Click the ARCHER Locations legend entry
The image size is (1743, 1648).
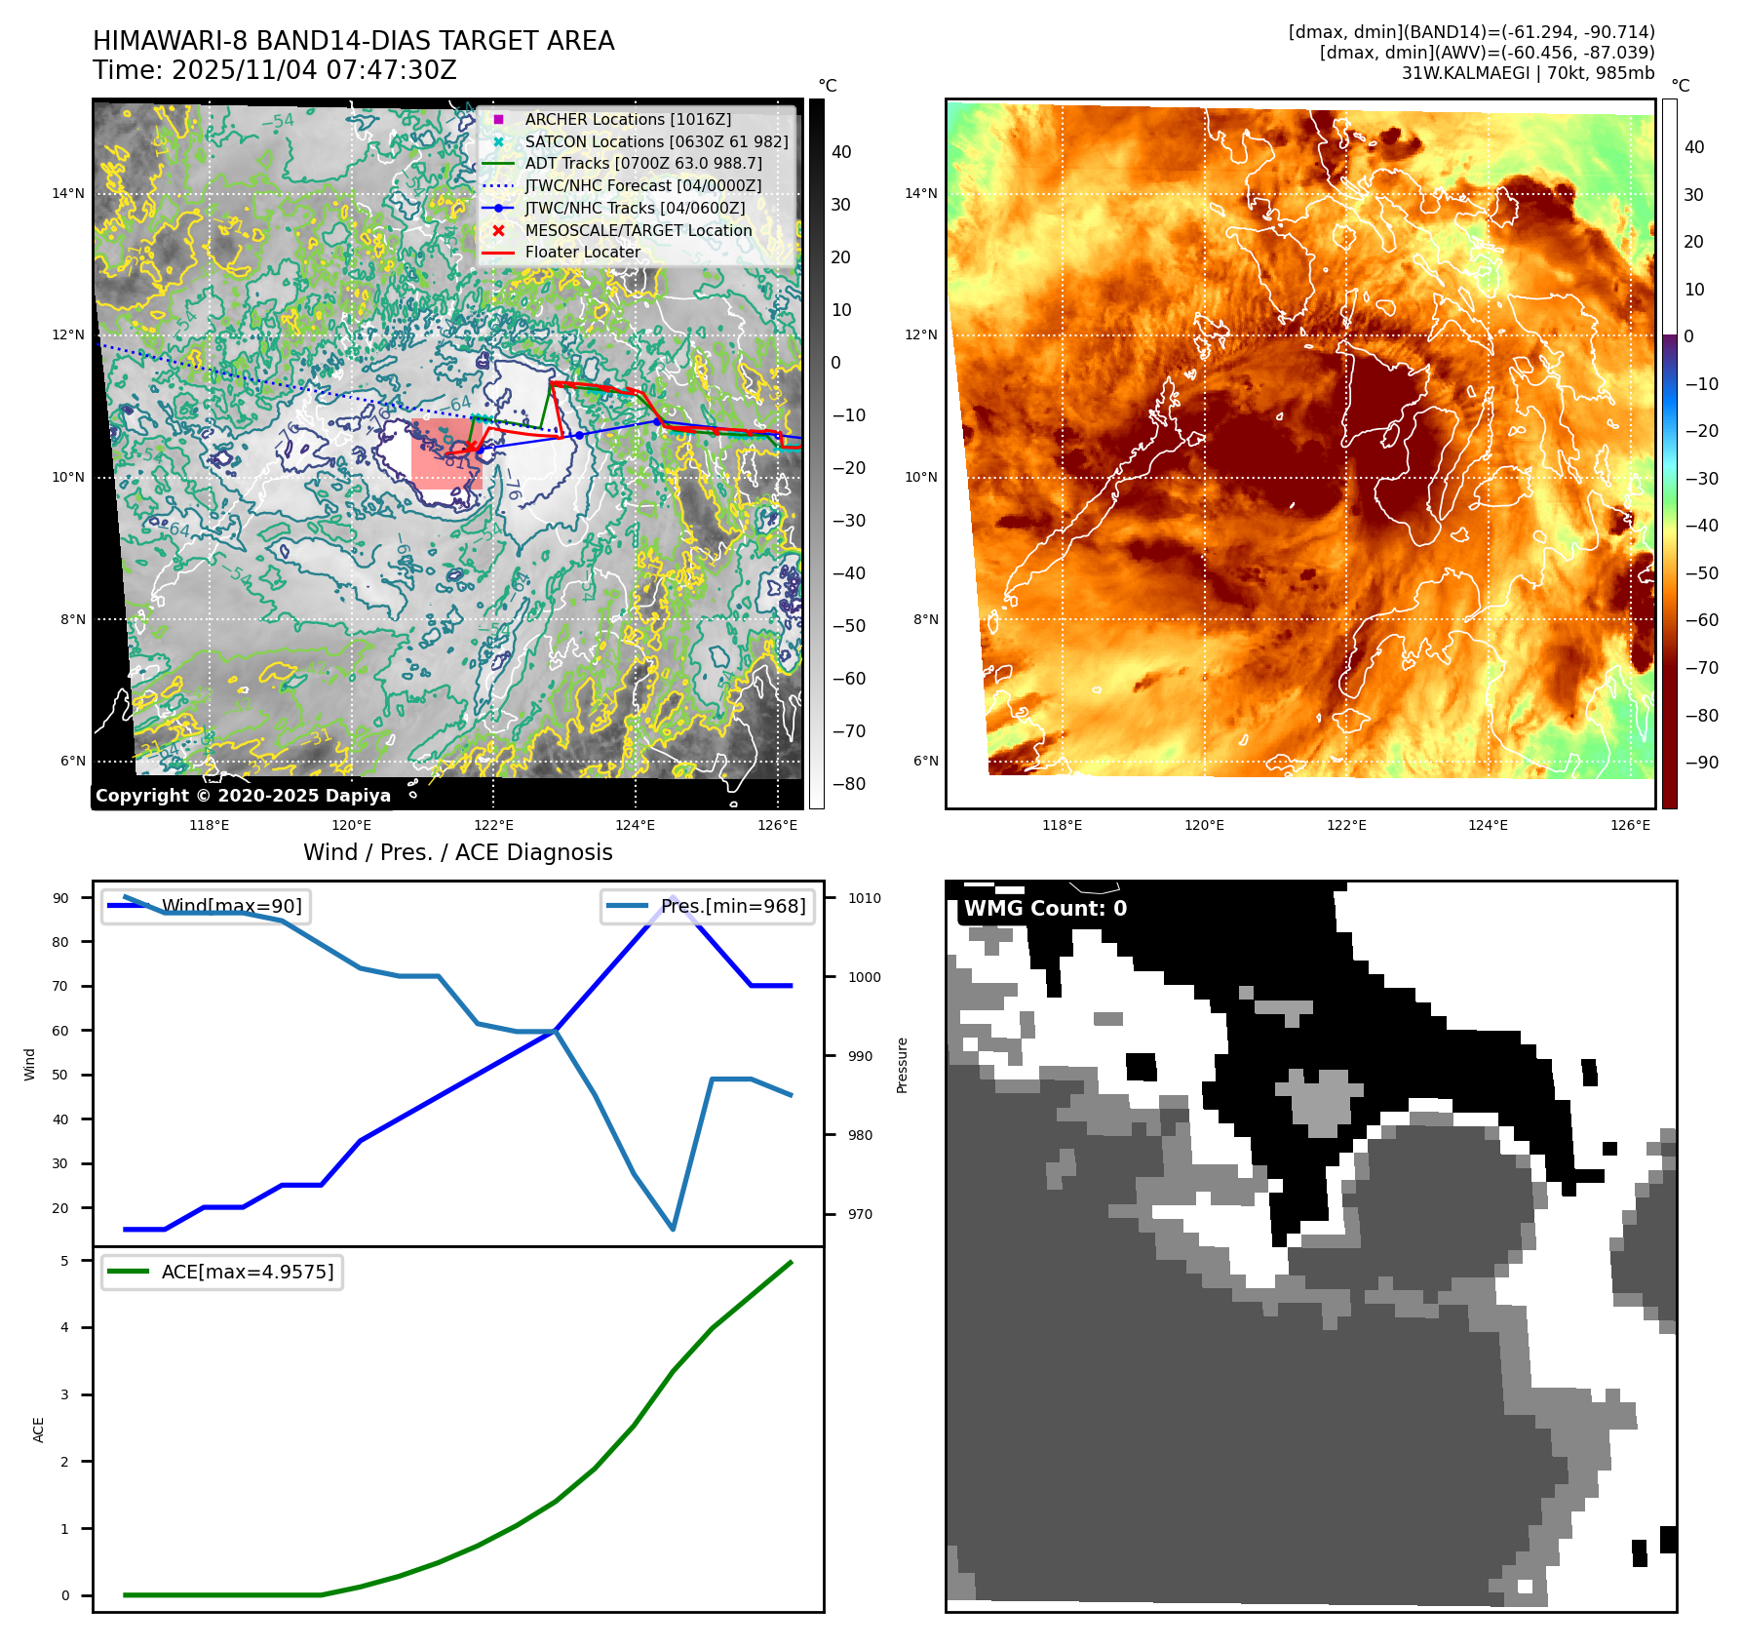point(627,119)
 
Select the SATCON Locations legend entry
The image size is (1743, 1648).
point(656,141)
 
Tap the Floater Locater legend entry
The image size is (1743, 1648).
point(582,252)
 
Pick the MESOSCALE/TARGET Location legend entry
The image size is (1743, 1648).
point(638,230)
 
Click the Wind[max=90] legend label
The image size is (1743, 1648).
point(232,906)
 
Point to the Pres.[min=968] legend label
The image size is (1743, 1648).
point(733,906)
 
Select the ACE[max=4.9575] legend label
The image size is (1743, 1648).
point(248,1272)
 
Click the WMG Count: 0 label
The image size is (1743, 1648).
point(1045,908)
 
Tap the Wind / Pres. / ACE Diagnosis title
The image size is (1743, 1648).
point(458,852)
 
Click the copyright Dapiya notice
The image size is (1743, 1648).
point(243,796)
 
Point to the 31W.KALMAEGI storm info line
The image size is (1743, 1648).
point(1528,73)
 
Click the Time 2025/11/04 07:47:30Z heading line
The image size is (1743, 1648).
point(275,70)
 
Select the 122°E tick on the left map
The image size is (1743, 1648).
point(493,825)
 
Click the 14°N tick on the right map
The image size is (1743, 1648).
point(921,193)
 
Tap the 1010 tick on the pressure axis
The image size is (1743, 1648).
point(864,898)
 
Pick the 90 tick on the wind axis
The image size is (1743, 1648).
point(60,898)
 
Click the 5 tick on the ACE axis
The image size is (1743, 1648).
point(65,1261)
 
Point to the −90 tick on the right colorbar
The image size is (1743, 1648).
point(1702,763)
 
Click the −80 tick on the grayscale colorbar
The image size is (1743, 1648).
point(848,784)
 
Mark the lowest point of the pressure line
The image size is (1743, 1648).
point(673,1229)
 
